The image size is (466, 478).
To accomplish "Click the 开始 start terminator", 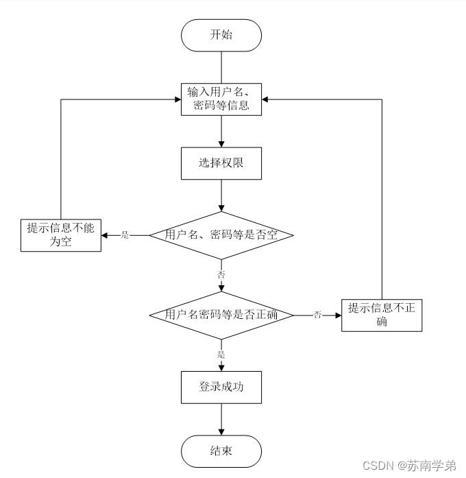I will coord(221,35).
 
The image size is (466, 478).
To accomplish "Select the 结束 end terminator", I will coord(221,451).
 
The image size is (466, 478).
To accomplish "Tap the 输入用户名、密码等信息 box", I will coord(221,99).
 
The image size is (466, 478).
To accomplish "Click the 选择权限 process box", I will coord(221,163).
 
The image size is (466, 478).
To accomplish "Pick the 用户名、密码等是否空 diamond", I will coord(221,235).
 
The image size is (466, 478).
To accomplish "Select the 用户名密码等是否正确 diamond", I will coord(221,315).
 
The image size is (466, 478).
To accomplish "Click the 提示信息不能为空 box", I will coord(61,235).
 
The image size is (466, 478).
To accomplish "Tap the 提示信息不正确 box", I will coord(381,315).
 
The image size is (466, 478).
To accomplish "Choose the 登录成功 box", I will coord(221,387).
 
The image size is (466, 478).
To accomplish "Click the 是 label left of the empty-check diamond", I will coord(125,235).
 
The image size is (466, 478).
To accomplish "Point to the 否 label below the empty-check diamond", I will coord(221,274).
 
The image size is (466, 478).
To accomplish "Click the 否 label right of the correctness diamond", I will coord(317,315).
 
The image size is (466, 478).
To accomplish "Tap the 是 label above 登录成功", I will coord(221,355).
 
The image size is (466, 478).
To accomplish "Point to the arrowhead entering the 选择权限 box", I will coord(221,143).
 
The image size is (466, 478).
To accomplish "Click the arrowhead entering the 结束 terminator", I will coord(221,431).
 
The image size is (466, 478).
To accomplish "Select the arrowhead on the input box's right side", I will coord(266,99).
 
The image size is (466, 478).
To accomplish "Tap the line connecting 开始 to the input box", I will coord(221,67).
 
